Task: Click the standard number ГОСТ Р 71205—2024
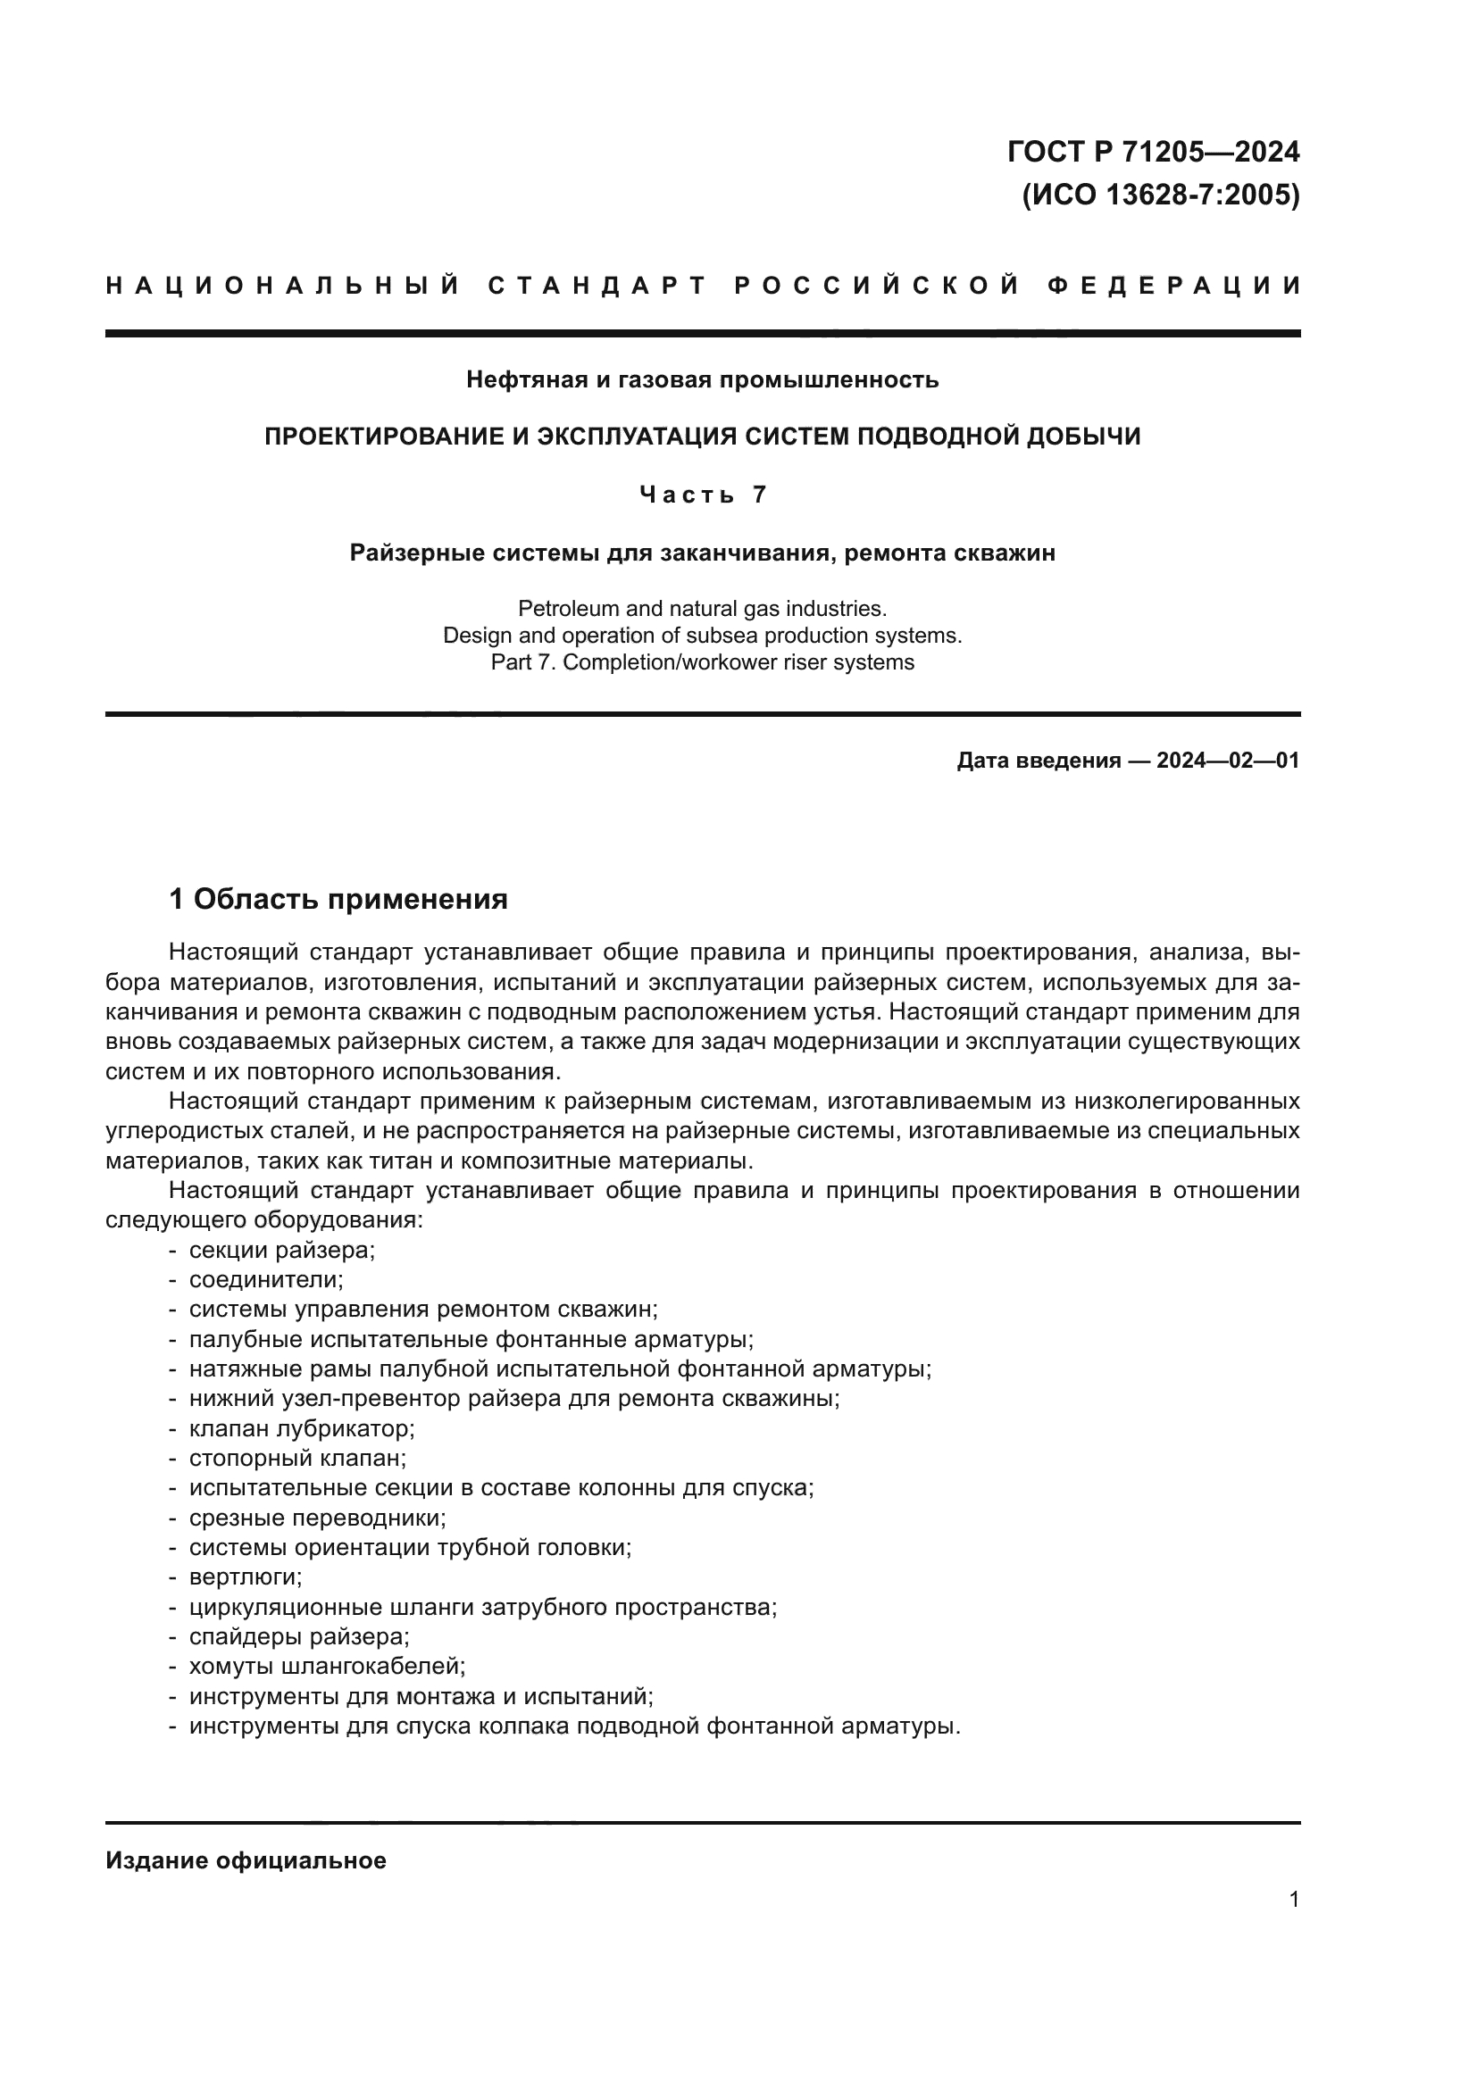1152,152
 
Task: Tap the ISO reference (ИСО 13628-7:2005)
1161,195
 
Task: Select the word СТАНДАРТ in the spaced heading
597,287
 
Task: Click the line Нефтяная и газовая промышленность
702,379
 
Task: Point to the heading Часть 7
702,495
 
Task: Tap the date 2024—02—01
1228,761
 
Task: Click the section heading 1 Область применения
338,900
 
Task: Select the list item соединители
265,1279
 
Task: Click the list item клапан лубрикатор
301,1427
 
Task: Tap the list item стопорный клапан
297,1458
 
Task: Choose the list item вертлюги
246,1576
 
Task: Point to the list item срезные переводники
317,1517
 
